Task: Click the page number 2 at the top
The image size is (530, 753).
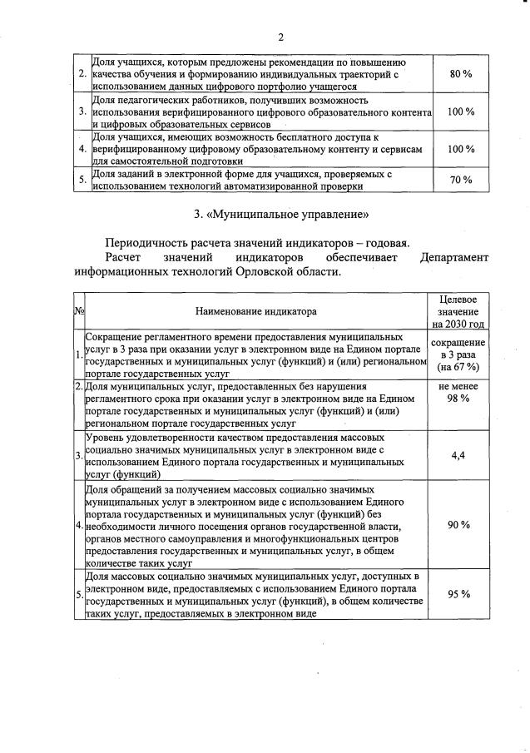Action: coord(281,37)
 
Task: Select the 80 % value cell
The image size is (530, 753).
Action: coord(461,75)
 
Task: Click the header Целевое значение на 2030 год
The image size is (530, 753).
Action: coord(458,312)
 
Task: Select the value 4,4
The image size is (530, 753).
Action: coord(458,455)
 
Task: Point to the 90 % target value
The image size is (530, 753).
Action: coord(458,525)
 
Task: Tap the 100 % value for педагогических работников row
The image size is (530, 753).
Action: coord(461,111)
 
